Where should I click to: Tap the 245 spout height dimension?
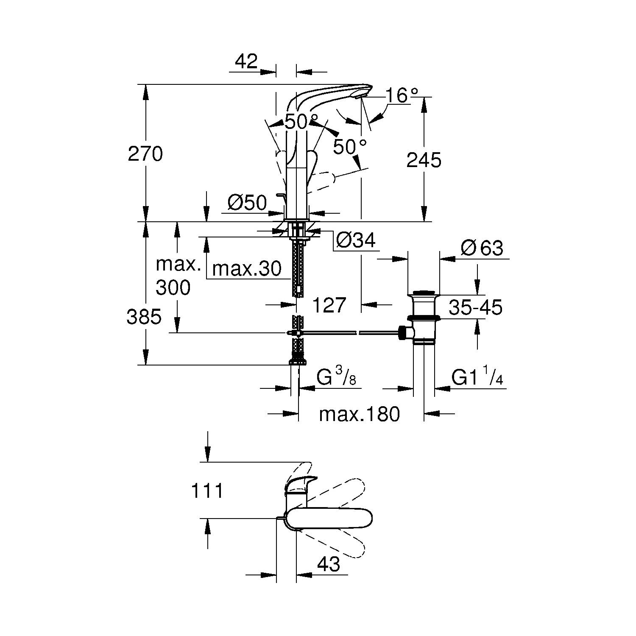pos(424,160)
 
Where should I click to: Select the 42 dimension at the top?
pos(246,62)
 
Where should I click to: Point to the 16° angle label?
pos(402,96)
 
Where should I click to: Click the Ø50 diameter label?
pos(247,203)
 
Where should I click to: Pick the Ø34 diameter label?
pos(355,240)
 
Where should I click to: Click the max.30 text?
pos(246,269)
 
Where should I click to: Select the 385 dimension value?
pos(144,316)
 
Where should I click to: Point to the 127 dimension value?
pos(329,304)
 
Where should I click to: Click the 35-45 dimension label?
pos(475,307)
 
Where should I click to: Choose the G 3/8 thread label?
pos(336,377)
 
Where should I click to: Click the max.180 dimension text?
pos(359,414)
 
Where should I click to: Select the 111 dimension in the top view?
pos(207,491)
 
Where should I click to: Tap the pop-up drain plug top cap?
pos(424,292)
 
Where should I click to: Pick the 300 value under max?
pos(173,288)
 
